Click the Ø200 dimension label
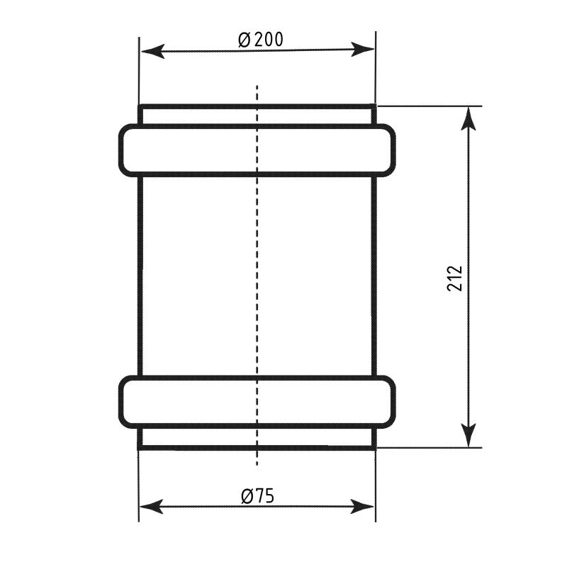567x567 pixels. tap(261, 40)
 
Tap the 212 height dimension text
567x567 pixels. tap(455, 279)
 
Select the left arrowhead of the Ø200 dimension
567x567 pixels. tap(153, 51)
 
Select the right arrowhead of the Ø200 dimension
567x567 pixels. tap(362, 49)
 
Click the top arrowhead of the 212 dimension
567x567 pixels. tap(468, 118)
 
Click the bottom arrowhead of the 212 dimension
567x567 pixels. tap(468, 435)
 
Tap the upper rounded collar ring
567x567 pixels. tap(257, 126)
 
